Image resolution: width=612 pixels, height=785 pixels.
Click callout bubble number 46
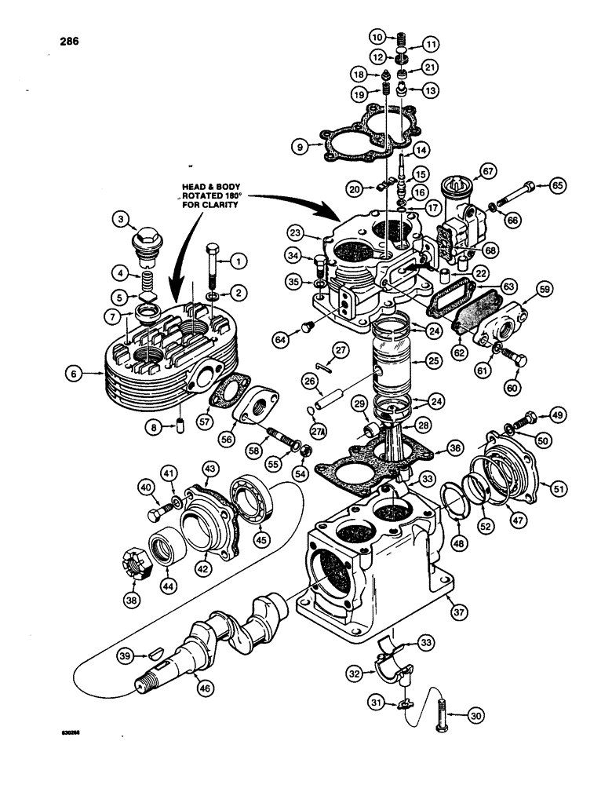point(206,688)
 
